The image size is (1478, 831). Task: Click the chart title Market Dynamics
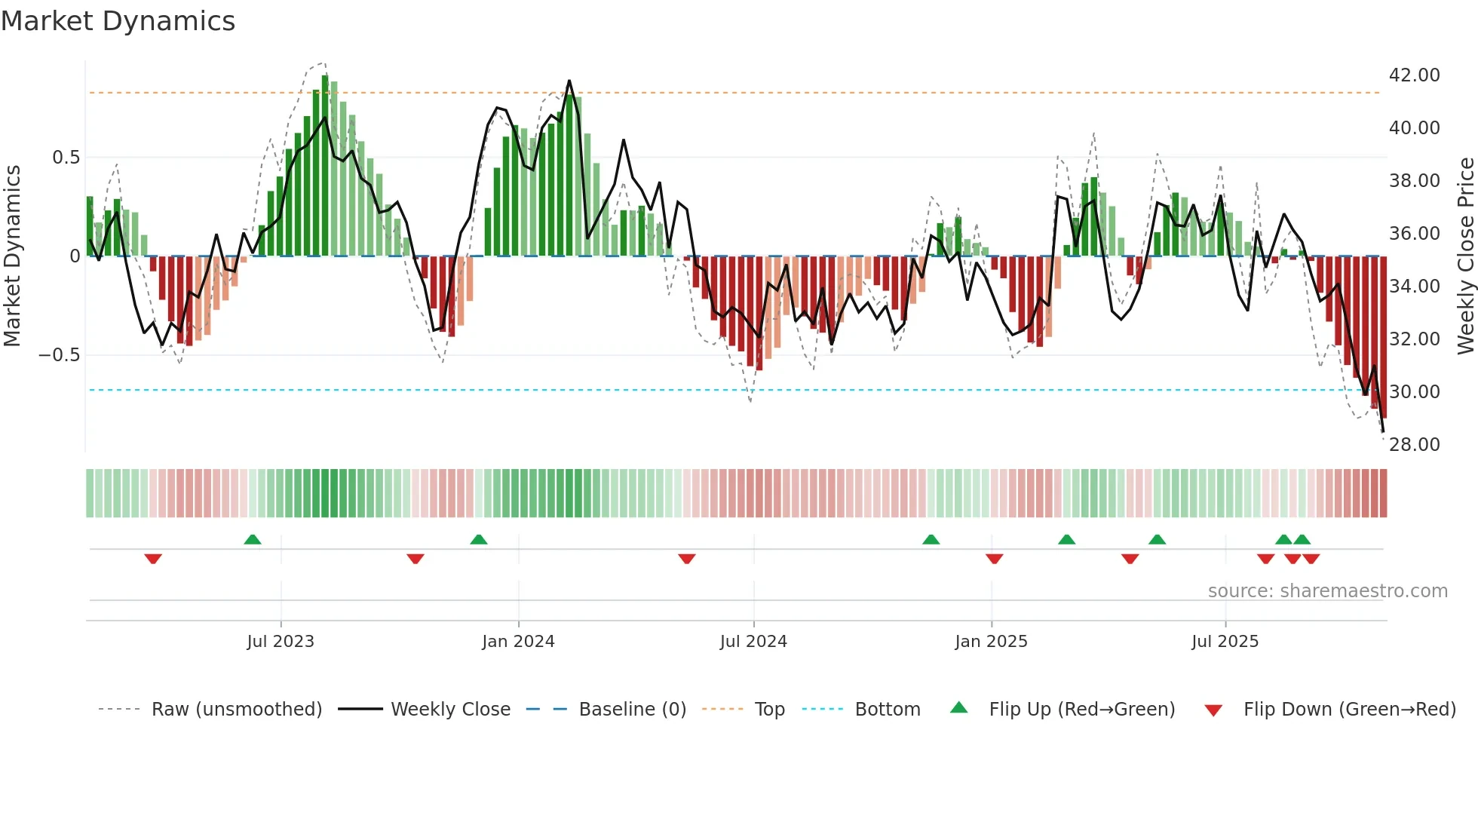(118, 21)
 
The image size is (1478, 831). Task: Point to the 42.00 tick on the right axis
(1414, 75)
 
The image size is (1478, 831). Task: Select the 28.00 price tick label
(1414, 445)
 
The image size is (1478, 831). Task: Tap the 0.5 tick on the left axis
(66, 158)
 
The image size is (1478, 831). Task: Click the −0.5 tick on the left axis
(59, 355)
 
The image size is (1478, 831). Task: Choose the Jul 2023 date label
(281, 642)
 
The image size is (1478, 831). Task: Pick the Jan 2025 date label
(991, 642)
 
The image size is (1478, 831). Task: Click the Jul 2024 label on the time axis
(753, 642)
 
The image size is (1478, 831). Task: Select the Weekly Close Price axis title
(1465, 256)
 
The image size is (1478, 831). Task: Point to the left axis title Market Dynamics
(12, 256)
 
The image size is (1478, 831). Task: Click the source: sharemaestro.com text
(1327, 591)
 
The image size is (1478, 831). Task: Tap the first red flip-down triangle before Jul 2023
(153, 559)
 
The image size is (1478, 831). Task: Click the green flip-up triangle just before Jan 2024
(478, 539)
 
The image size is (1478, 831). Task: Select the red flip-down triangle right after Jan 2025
(994, 559)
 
